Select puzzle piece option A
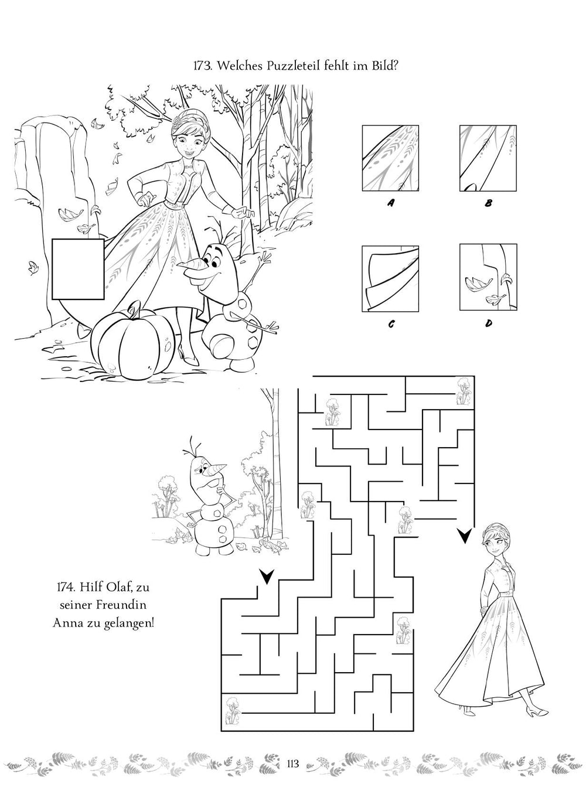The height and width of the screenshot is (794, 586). point(390,158)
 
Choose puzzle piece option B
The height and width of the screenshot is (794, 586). point(488,158)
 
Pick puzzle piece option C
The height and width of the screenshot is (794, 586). point(390,278)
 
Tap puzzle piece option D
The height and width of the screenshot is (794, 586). point(488,277)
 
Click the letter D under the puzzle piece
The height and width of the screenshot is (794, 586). point(489,323)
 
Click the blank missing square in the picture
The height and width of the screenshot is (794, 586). point(78,269)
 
